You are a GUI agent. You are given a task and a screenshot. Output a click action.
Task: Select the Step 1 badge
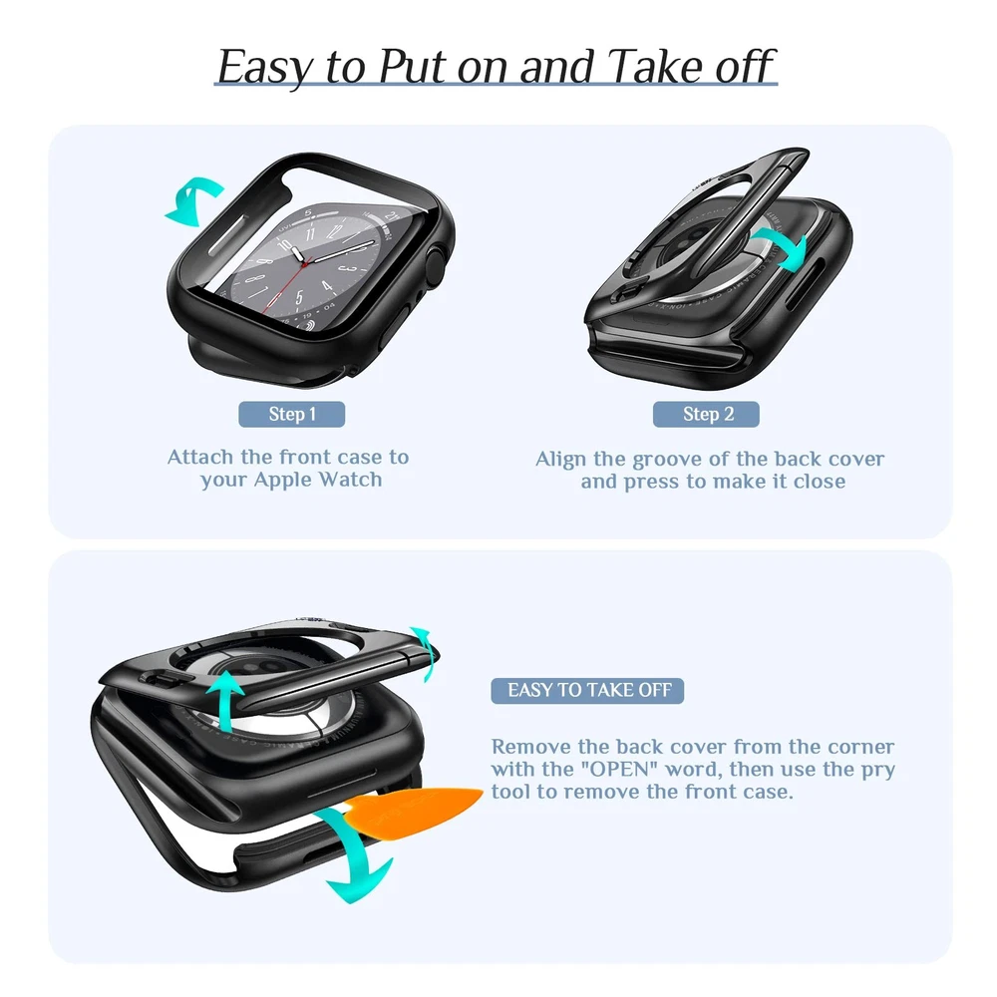pos(292,414)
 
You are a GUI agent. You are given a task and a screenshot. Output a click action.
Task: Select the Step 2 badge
pos(706,414)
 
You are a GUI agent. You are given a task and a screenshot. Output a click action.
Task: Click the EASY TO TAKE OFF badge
pos(587,691)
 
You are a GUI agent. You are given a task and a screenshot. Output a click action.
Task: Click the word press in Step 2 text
pos(651,483)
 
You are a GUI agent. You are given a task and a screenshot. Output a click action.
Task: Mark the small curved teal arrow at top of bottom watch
pos(424,653)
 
